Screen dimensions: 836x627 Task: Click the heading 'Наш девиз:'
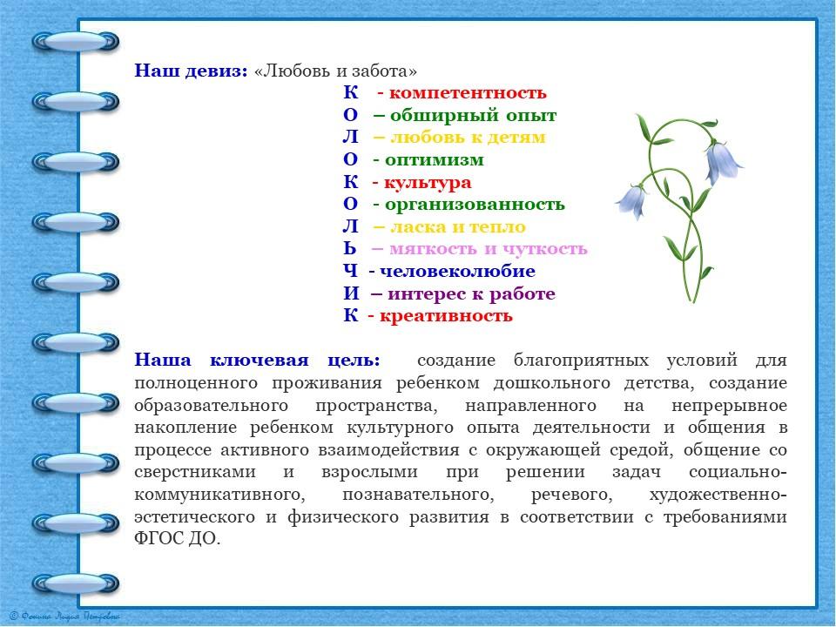pos(191,71)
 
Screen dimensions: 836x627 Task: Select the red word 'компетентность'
pos(468,93)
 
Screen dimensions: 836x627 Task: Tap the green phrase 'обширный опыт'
pos(473,115)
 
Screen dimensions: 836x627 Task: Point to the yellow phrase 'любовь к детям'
pos(468,138)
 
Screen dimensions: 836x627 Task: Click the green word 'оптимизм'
pos(434,160)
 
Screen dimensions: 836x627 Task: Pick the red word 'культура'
pos(428,183)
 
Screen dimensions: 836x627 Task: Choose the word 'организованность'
pos(475,204)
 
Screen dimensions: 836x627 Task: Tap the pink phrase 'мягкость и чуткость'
pos(488,249)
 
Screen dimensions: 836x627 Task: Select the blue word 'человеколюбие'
pos(457,272)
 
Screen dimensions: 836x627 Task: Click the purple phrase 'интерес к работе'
pos(471,293)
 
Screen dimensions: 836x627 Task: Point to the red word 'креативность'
pos(446,316)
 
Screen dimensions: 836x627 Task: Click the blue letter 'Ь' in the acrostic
pos(349,249)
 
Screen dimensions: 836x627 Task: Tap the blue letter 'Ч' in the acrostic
pos(350,272)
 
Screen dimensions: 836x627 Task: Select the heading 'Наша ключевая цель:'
pos(257,361)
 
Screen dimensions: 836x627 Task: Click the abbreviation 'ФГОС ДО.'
pos(177,539)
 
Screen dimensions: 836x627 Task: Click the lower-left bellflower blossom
pos(633,201)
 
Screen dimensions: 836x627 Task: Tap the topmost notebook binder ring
pos(75,41)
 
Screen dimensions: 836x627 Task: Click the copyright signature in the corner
pos(64,617)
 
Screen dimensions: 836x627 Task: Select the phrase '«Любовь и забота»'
pos(335,71)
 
